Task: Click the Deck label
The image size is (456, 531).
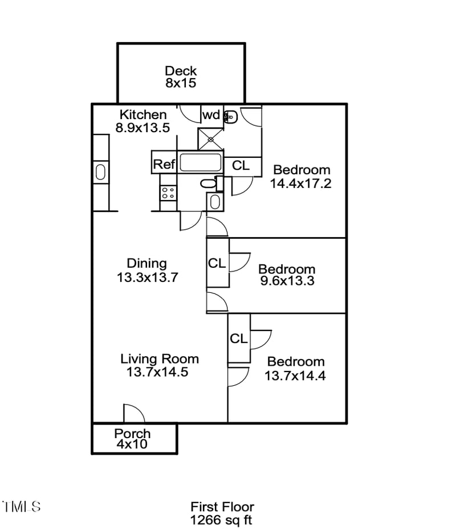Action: click(x=181, y=71)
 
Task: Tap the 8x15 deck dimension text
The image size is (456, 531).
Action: click(x=181, y=83)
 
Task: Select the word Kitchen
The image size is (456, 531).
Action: click(x=142, y=115)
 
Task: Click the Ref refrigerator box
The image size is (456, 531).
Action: click(x=164, y=165)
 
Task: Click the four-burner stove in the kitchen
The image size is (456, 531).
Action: click(x=168, y=192)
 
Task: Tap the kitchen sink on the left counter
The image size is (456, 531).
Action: click(x=101, y=171)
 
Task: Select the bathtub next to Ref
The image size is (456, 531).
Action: click(x=199, y=163)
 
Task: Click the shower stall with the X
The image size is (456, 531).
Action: click(x=211, y=138)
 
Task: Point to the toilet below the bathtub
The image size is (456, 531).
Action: click(x=207, y=183)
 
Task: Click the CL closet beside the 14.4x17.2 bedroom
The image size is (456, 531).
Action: click(x=241, y=165)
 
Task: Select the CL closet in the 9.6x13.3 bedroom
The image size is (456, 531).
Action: click(x=217, y=263)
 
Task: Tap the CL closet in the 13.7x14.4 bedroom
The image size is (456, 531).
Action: click(x=239, y=338)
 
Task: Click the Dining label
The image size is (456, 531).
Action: click(x=146, y=263)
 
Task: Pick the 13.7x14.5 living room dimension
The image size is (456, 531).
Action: click(x=157, y=372)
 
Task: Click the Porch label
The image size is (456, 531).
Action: click(x=132, y=433)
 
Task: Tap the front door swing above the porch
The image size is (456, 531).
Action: click(x=133, y=413)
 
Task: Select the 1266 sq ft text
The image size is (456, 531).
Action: click(x=222, y=520)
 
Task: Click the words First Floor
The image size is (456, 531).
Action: click(x=222, y=507)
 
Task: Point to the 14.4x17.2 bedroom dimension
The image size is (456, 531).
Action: click(x=300, y=183)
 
